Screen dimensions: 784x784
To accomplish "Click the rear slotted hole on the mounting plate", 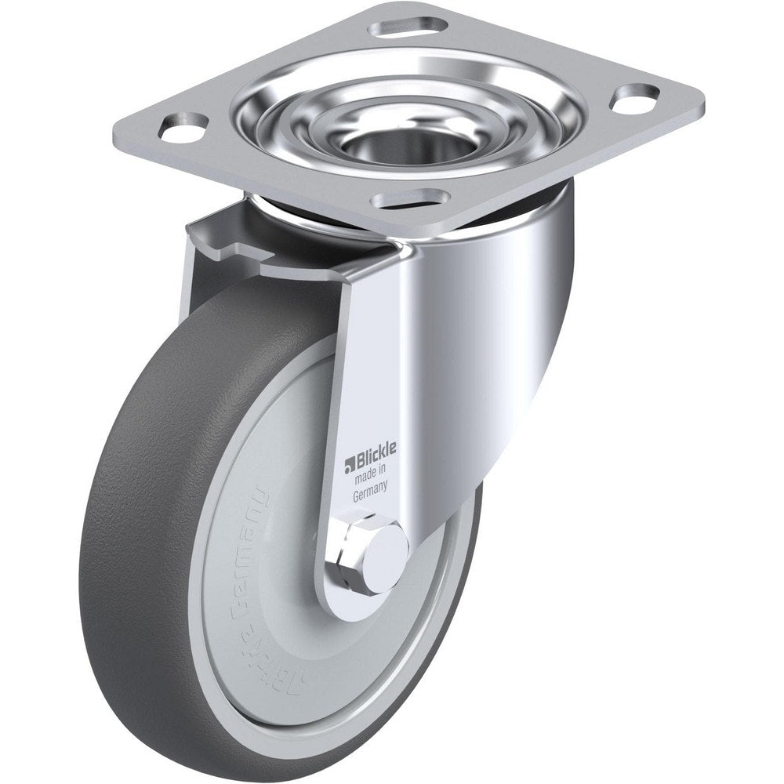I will pos(408,27).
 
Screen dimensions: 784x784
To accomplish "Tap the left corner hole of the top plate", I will pos(183,127).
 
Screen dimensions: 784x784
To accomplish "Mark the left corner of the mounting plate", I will pos(118,129).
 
